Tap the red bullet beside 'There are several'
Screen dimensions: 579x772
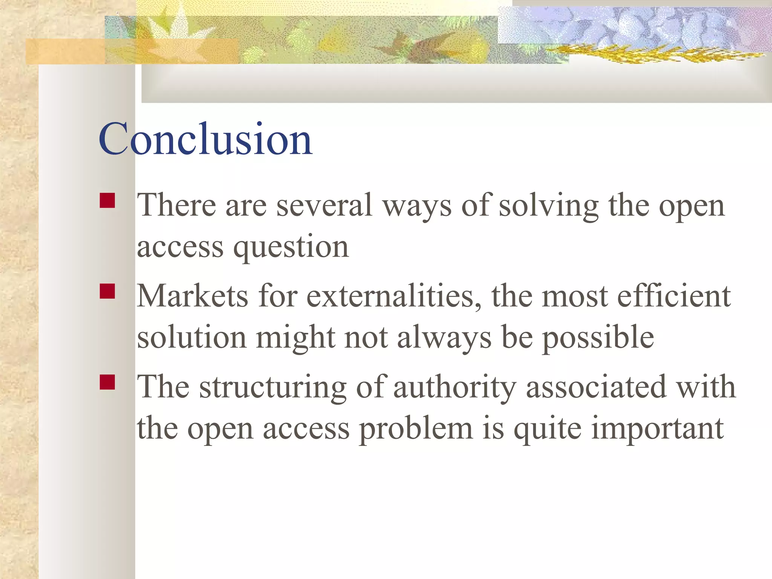[107, 201]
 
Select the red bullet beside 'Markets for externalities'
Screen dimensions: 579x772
[107, 291]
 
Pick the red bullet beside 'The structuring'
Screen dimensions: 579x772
[107, 382]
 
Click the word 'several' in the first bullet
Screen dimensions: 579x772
[325, 205]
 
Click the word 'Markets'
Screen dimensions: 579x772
[193, 296]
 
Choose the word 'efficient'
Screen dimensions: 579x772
[674, 296]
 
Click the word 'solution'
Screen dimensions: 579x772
[191, 337]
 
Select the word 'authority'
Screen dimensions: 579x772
[455, 388]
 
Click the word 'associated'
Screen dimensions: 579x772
[596, 387]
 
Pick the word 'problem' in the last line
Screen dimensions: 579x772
[416, 429]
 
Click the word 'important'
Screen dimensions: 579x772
[657, 429]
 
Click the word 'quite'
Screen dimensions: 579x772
[547, 429]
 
